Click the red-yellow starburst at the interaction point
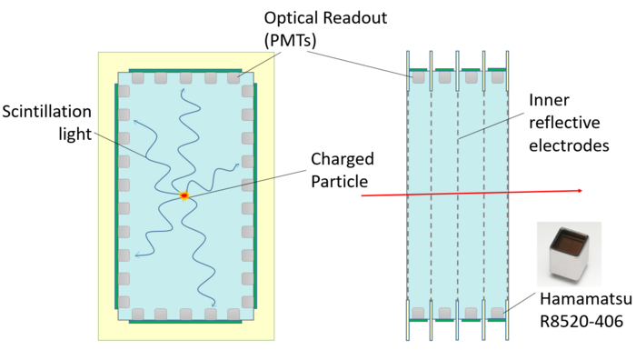click(184, 195)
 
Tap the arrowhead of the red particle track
click(580, 191)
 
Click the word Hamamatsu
click(586, 299)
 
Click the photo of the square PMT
click(569, 254)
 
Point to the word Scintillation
click(46, 112)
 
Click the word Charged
click(343, 159)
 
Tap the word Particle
click(340, 182)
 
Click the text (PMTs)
click(290, 40)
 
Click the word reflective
click(564, 123)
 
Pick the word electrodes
click(569, 145)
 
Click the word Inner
click(549, 100)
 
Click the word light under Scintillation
click(75, 135)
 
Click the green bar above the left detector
click(185, 71)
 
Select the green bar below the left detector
click(185, 322)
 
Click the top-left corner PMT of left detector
click(138, 77)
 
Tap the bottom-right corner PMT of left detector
click(234, 315)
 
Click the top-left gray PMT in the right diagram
click(419, 77)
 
